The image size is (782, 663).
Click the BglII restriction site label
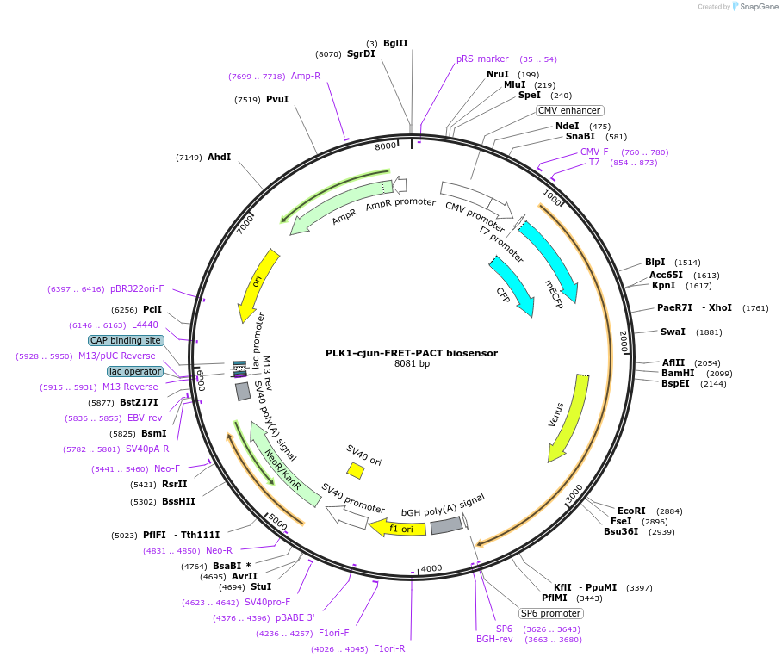coord(395,43)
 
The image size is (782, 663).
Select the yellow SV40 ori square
coord(355,470)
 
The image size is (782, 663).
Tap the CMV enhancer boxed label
coord(569,110)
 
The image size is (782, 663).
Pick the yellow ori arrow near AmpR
coord(258,285)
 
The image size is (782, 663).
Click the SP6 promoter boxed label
coord(550,613)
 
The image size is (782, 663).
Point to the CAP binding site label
coord(125,340)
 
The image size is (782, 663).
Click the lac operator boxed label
coord(135,371)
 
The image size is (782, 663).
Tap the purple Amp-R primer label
coord(306,76)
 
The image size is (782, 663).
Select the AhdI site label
coord(220,157)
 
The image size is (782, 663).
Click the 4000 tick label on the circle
coord(431,568)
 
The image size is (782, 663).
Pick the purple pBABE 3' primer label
coord(295,617)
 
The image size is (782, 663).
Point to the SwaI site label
coord(673,331)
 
